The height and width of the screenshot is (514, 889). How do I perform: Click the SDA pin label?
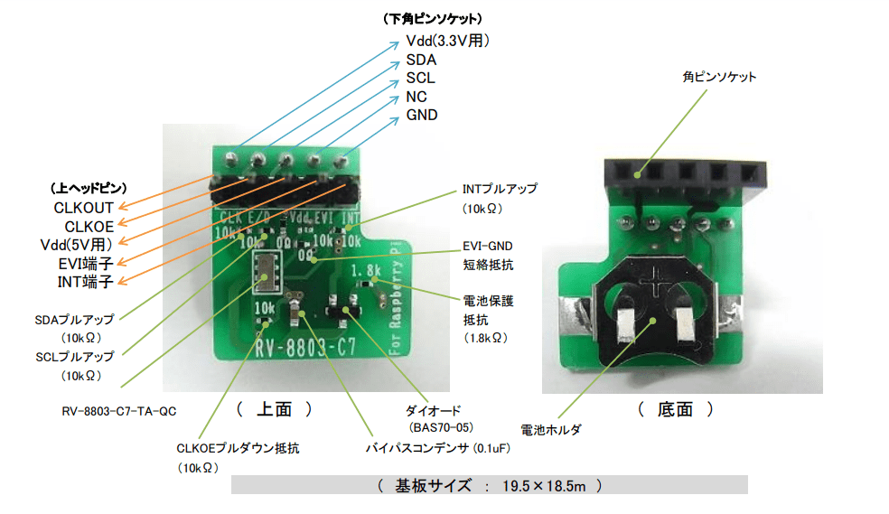(x=421, y=60)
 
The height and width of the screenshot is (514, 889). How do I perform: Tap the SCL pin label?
(x=420, y=78)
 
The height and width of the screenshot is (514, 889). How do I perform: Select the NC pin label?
(x=416, y=97)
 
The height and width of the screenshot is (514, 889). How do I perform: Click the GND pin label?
(x=422, y=115)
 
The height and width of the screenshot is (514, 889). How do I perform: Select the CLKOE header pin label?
(x=89, y=226)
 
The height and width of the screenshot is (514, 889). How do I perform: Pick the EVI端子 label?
(x=83, y=264)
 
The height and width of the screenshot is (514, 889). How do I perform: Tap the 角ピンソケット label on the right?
(x=719, y=77)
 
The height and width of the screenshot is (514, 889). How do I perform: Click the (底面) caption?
(x=676, y=409)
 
